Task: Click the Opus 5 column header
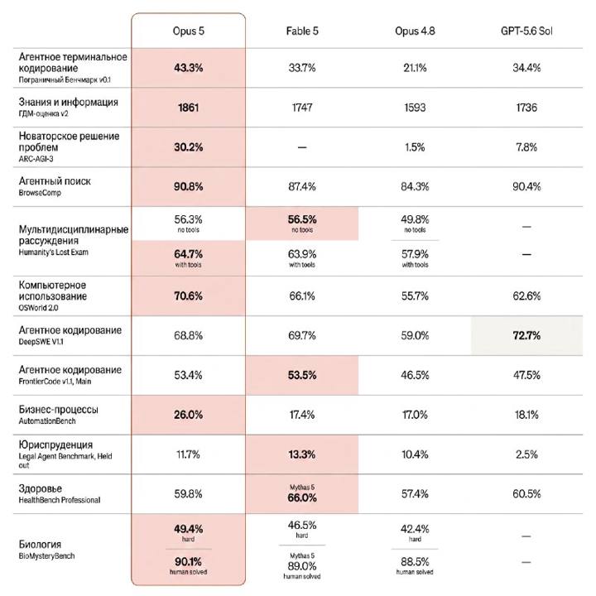[x=188, y=31]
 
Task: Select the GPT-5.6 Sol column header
[x=526, y=31]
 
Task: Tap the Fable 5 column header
[x=302, y=31]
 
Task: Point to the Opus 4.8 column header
[x=415, y=31]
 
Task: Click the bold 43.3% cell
[x=188, y=68]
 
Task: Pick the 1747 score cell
[x=302, y=108]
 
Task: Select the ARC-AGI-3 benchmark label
[x=36, y=159]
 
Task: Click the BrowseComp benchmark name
[x=40, y=193]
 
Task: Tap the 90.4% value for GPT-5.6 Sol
[x=526, y=186]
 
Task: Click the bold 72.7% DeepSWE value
[x=526, y=335]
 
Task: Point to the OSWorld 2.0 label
[x=38, y=307]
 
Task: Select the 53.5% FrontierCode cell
[x=302, y=375]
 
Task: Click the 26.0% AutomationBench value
[x=188, y=415]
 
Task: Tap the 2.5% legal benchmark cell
[x=526, y=454]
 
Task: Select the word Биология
[x=40, y=545]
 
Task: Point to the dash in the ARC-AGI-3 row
[x=302, y=147]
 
